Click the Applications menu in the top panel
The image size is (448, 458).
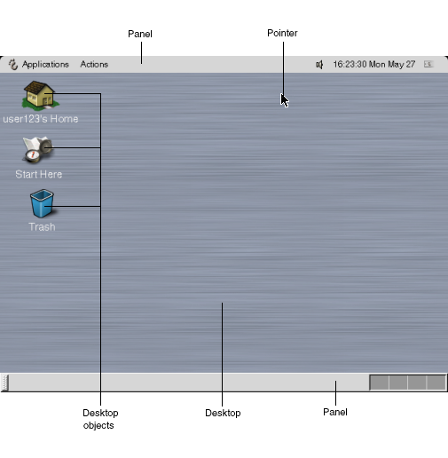(x=45, y=64)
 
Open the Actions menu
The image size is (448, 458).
(x=94, y=64)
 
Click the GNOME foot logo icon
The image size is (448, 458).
(x=13, y=64)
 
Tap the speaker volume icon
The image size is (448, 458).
(x=319, y=65)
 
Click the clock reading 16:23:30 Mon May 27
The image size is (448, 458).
(x=374, y=64)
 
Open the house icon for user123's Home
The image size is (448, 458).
(x=40, y=95)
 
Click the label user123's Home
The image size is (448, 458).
(x=41, y=119)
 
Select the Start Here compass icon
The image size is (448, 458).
(x=37, y=149)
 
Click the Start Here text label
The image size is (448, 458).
(x=39, y=174)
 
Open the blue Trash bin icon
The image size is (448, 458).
(x=42, y=203)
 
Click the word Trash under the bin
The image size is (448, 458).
(x=42, y=227)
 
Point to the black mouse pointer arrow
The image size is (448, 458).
(x=284, y=100)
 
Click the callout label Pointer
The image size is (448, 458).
(x=282, y=33)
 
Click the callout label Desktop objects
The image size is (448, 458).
(x=100, y=419)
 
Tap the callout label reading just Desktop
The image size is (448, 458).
(x=223, y=413)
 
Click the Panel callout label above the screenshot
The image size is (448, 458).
(x=140, y=34)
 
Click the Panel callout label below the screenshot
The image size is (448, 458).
(x=335, y=412)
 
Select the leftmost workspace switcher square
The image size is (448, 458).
(x=380, y=383)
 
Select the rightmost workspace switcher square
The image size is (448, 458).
(x=436, y=383)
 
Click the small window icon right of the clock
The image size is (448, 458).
(x=428, y=64)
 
